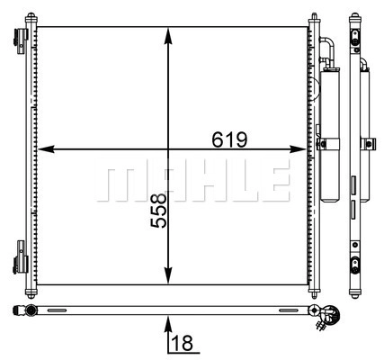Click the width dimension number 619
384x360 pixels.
click(x=229, y=139)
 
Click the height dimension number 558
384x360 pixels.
click(x=158, y=211)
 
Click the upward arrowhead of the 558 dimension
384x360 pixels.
click(x=168, y=35)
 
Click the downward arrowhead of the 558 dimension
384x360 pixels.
click(x=168, y=275)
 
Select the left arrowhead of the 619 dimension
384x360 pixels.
click(x=47, y=148)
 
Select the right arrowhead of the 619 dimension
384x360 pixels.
click(x=299, y=148)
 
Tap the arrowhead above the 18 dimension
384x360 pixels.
click(x=168, y=324)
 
